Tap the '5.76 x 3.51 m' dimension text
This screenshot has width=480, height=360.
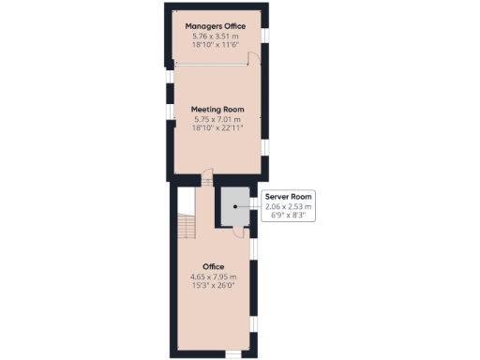pos(217,36)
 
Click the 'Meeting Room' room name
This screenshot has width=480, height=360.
pos(217,109)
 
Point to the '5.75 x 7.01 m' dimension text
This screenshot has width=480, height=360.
pos(217,119)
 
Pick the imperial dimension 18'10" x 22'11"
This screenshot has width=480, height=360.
pos(217,128)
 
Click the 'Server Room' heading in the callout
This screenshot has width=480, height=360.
pos(289,196)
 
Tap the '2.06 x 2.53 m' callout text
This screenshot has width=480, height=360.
pos(289,206)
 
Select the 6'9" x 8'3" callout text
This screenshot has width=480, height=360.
pos(289,216)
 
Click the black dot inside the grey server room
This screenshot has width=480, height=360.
pos(234,206)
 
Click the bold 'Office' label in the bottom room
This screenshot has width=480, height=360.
pos(214,266)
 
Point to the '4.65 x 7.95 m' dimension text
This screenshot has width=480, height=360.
pos(214,277)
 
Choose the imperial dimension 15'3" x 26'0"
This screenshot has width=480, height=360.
pos(214,287)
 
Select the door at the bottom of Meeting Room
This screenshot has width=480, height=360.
pos(208,178)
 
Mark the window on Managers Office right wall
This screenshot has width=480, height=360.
pos(264,35)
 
